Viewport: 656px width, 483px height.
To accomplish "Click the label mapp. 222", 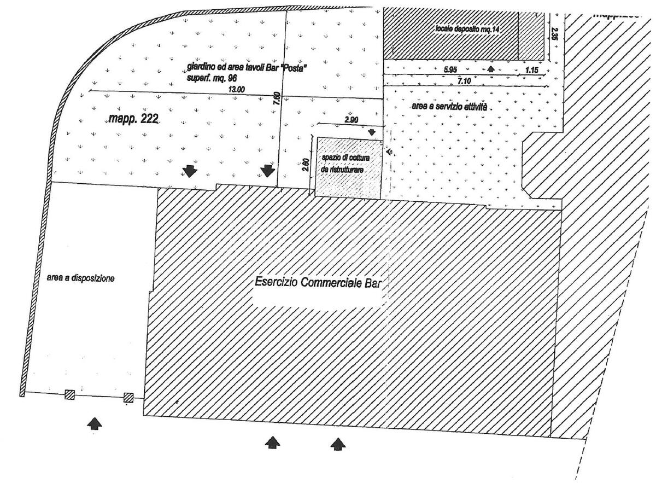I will tap(133, 119).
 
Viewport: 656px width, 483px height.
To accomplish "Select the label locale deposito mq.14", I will tap(467, 28).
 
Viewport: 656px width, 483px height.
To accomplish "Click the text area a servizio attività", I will tap(449, 107).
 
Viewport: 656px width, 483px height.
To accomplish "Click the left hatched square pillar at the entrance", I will tap(69, 395).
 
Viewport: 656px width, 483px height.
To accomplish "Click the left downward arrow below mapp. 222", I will tap(190, 171).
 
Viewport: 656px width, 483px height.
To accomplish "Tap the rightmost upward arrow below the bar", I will tap(338, 444).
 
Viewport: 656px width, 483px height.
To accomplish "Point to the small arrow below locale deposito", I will tap(491, 69).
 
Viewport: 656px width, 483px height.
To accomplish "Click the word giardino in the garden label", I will tap(198, 67).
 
